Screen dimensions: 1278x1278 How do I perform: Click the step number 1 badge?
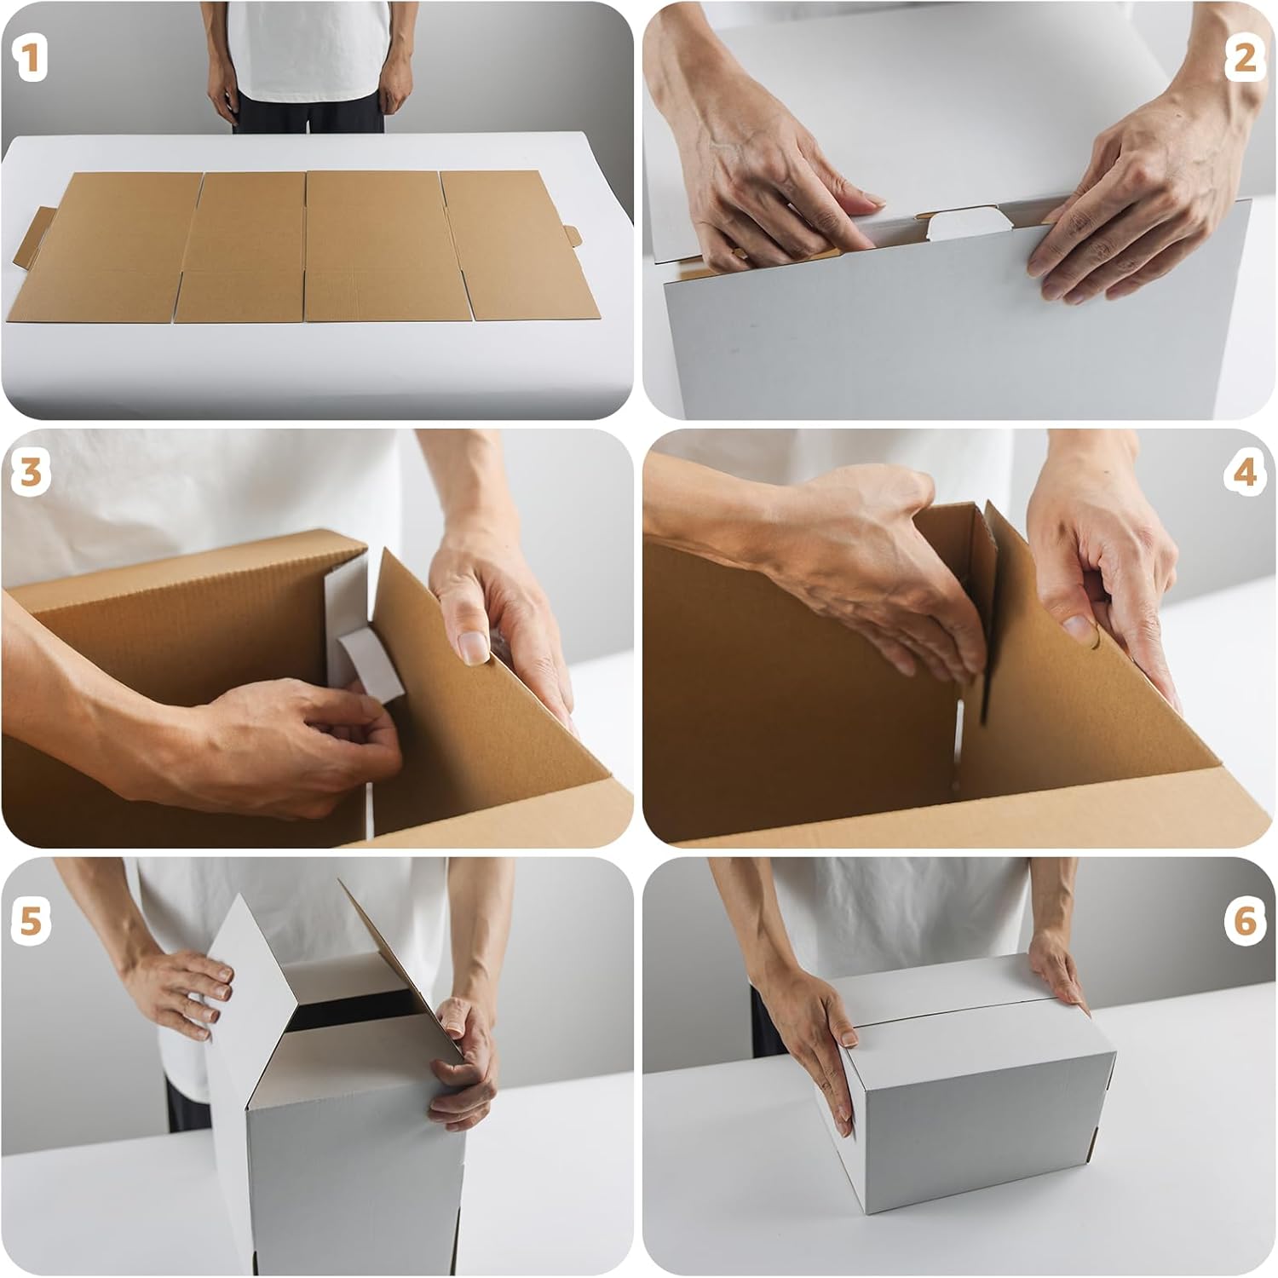coord(30,60)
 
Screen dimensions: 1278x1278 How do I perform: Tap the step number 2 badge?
coord(1244,59)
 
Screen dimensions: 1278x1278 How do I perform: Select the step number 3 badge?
coord(31,471)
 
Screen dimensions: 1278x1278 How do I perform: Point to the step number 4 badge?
coord(1245,471)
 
